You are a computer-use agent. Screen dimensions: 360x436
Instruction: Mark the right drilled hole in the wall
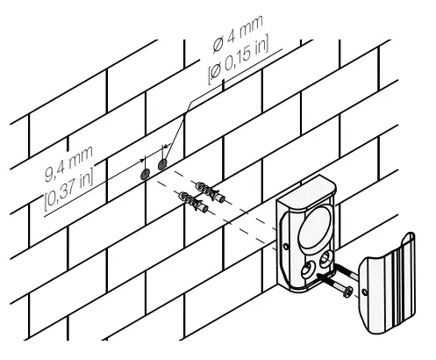(x=162, y=165)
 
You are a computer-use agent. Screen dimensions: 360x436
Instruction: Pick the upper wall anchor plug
(x=211, y=191)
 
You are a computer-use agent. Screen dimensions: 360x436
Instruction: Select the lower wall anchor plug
(x=195, y=205)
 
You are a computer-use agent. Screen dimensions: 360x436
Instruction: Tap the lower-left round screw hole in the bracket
(x=310, y=270)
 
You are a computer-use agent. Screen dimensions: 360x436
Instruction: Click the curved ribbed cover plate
(x=390, y=281)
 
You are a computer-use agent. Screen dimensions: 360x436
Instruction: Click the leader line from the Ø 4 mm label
(x=180, y=131)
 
